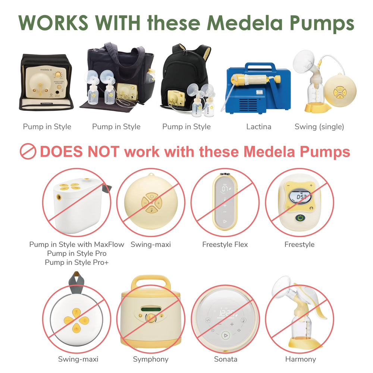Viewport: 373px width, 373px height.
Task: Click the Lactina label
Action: pyautogui.click(x=258, y=127)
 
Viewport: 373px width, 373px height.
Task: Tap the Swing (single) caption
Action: pyautogui.click(x=319, y=127)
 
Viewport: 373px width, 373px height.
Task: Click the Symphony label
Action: pyautogui.click(x=151, y=360)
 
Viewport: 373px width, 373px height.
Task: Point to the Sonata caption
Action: pyautogui.click(x=225, y=360)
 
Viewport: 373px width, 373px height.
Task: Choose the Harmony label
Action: pyautogui.click(x=300, y=360)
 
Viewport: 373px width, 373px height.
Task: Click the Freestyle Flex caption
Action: pyautogui.click(x=225, y=245)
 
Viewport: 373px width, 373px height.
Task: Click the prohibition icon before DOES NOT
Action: pyautogui.click(x=28, y=152)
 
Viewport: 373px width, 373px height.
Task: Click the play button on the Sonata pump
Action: pyautogui.click(x=225, y=335)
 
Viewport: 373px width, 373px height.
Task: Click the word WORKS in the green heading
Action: pyautogui.click(x=53, y=23)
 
